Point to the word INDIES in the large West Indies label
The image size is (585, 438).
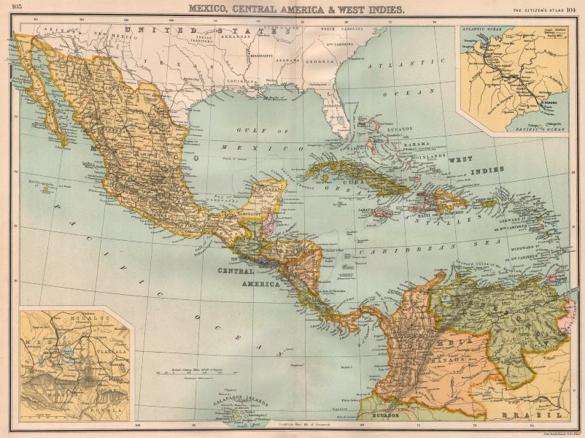[486, 169]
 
